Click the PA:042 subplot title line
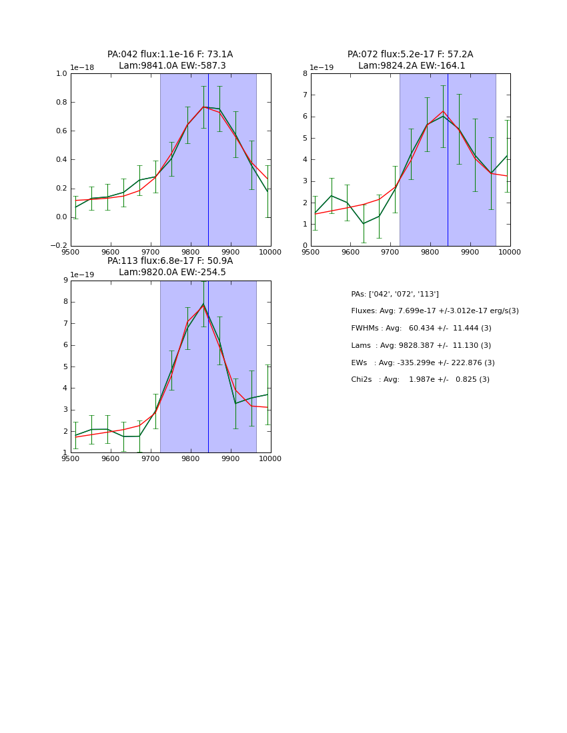[x=170, y=55]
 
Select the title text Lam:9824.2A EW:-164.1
[x=412, y=66]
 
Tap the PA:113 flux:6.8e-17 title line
[x=170, y=261]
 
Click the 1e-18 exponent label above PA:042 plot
[x=83, y=67]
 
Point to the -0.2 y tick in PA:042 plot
[x=59, y=245]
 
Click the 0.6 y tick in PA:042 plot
[x=62, y=131]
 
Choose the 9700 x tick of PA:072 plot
[x=390, y=252]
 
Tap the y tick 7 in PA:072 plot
[x=305, y=95]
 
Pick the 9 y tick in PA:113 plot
[x=65, y=281]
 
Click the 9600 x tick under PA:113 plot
[x=111, y=458]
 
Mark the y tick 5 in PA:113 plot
[x=65, y=366]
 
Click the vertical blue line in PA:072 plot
[x=448, y=160]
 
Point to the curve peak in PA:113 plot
[x=203, y=305]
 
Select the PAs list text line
[x=395, y=294]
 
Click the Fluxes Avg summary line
[x=435, y=311]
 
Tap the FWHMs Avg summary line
[x=421, y=329]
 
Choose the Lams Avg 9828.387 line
[x=421, y=346]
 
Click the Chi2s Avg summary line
[x=420, y=380]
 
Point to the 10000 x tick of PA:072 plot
[x=510, y=252]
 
